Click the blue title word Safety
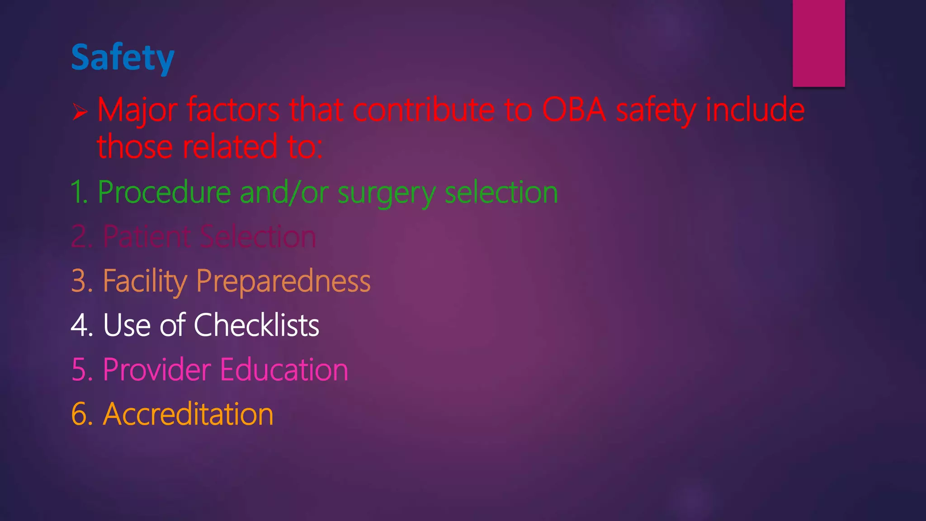pyautogui.click(x=123, y=57)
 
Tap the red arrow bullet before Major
pyautogui.click(x=80, y=111)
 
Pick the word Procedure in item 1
pyautogui.click(x=164, y=192)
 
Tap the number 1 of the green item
pyautogui.click(x=77, y=192)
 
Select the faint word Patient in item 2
pyautogui.click(x=147, y=237)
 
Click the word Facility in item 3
pyautogui.click(x=144, y=281)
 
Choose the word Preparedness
pyautogui.click(x=283, y=281)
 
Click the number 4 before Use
pyautogui.click(x=81, y=325)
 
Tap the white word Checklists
pyautogui.click(x=256, y=325)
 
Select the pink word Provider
pyautogui.click(x=156, y=369)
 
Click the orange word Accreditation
pyautogui.click(x=188, y=414)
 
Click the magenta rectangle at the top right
pyautogui.click(x=818, y=43)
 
